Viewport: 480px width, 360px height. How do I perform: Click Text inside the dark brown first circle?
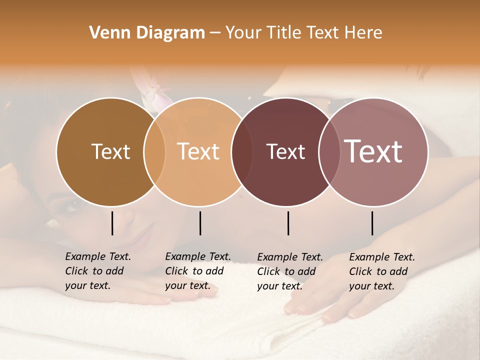tap(110, 151)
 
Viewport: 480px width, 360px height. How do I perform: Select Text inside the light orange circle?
tap(198, 151)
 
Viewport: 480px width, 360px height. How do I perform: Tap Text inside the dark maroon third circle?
tap(285, 151)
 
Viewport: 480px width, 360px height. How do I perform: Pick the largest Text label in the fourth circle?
tap(373, 151)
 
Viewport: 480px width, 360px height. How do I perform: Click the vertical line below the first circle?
tap(112, 223)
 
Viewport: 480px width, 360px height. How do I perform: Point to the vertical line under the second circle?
tap(200, 223)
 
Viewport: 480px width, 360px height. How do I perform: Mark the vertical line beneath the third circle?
tap(288, 223)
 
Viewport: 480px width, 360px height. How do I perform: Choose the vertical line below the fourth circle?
tap(372, 223)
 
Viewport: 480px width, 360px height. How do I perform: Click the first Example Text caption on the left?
tap(97, 271)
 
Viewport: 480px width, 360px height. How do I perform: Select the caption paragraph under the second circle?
tap(197, 271)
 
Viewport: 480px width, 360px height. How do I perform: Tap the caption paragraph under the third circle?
tap(289, 271)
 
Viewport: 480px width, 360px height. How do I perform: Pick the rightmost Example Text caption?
tap(381, 271)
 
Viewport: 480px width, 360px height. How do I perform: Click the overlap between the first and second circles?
tap(154, 151)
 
